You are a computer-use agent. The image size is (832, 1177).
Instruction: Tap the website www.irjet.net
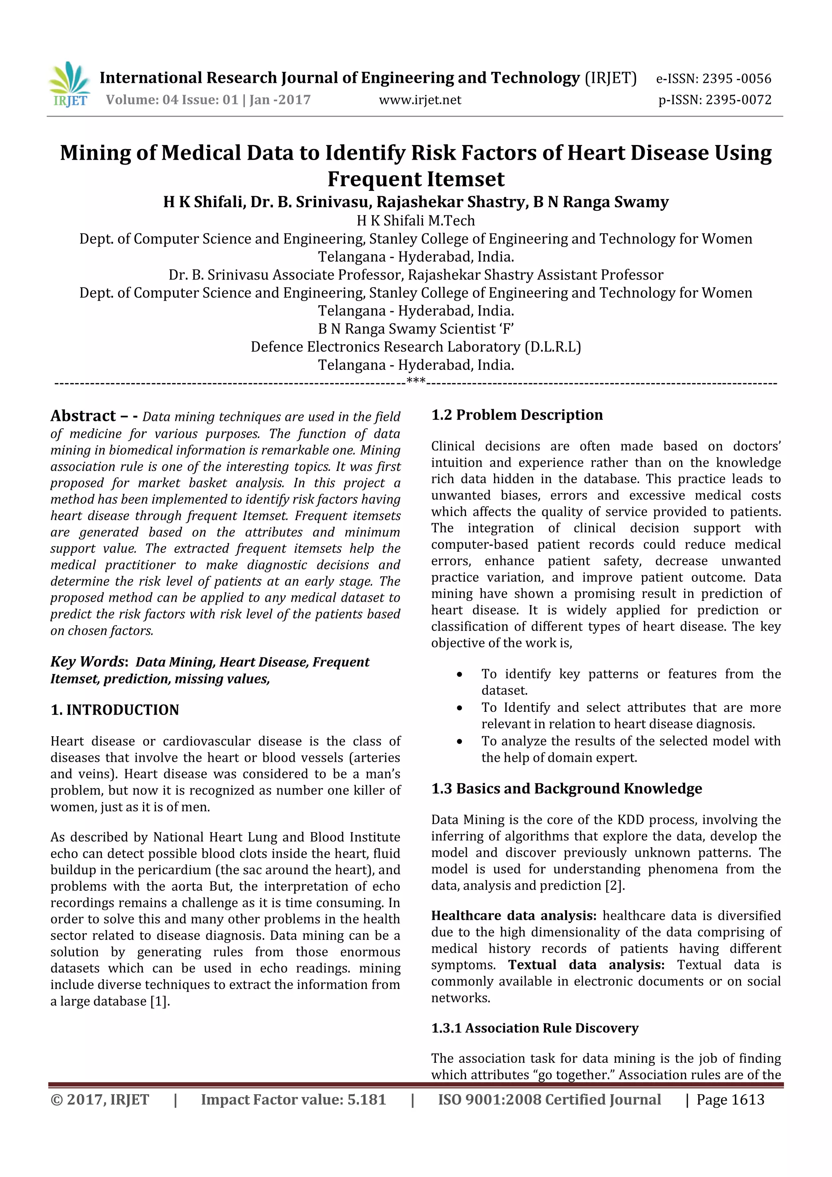pyautogui.click(x=420, y=100)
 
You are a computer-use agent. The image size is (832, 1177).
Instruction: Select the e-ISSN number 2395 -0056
pyautogui.click(x=736, y=78)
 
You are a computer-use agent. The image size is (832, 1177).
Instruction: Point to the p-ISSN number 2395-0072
pyautogui.click(x=738, y=100)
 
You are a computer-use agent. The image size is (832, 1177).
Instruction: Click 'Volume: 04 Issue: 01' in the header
pyautogui.click(x=172, y=100)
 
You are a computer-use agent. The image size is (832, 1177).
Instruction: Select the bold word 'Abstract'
pyautogui.click(x=83, y=415)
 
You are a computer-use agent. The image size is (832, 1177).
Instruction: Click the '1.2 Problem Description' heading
pyautogui.click(x=517, y=415)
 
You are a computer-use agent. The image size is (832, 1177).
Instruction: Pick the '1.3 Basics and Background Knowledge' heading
pyautogui.click(x=566, y=789)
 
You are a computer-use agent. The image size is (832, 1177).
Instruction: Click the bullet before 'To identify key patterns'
pyautogui.click(x=459, y=674)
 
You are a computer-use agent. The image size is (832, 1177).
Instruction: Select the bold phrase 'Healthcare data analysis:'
pyautogui.click(x=513, y=916)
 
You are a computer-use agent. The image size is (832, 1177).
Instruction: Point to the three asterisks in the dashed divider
pyautogui.click(x=415, y=381)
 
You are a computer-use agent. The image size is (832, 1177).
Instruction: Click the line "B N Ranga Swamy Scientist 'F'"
pyautogui.click(x=416, y=329)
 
